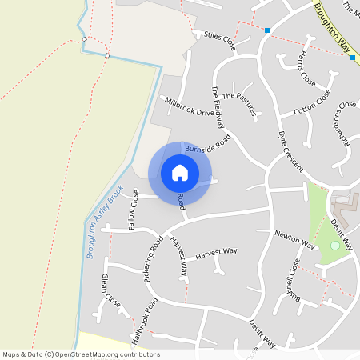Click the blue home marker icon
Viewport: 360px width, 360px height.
pos(180,173)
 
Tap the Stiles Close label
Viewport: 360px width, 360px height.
pos(221,37)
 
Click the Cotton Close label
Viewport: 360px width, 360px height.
pos(312,105)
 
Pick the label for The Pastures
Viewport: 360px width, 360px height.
pos(239,105)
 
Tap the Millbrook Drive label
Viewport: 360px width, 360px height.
pos(190,107)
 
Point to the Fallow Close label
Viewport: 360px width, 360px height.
pos(128,209)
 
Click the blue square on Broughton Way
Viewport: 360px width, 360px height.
pos(352,58)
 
